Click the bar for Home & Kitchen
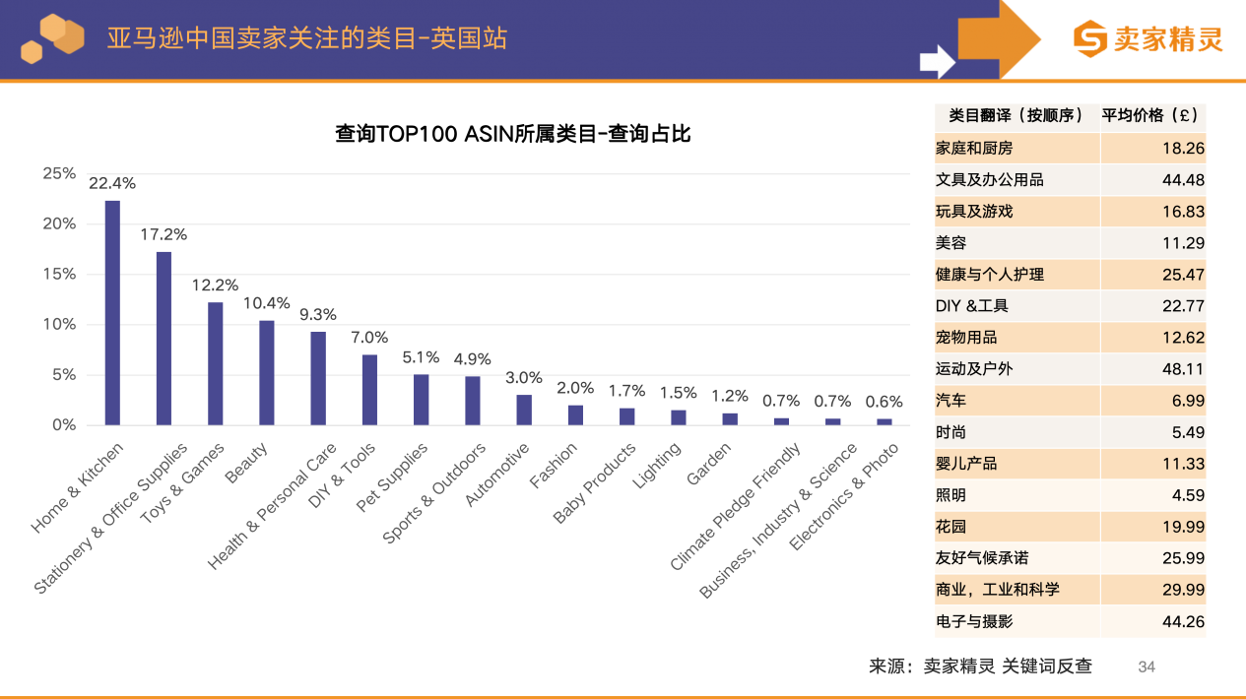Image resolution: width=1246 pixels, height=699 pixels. [x=112, y=313]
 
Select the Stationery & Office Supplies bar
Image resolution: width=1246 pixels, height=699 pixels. [x=164, y=339]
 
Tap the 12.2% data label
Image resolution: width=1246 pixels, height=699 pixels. [x=215, y=286]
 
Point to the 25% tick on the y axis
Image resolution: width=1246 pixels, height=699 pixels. [x=59, y=173]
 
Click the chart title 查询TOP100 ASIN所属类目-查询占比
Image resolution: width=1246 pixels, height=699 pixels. [x=512, y=134]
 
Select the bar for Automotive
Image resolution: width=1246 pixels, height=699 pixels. [x=524, y=411]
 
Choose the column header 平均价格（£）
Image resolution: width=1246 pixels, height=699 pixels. [x=1152, y=115]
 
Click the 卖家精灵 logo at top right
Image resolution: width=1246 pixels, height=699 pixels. [x=1148, y=39]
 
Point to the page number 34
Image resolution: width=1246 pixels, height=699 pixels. [x=1147, y=667]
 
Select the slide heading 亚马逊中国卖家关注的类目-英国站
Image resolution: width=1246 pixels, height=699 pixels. [x=307, y=38]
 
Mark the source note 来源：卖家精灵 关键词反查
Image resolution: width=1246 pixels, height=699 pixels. [x=980, y=667]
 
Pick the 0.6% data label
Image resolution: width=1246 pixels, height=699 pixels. [x=884, y=402]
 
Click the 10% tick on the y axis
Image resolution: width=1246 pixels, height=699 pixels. [x=59, y=325]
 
